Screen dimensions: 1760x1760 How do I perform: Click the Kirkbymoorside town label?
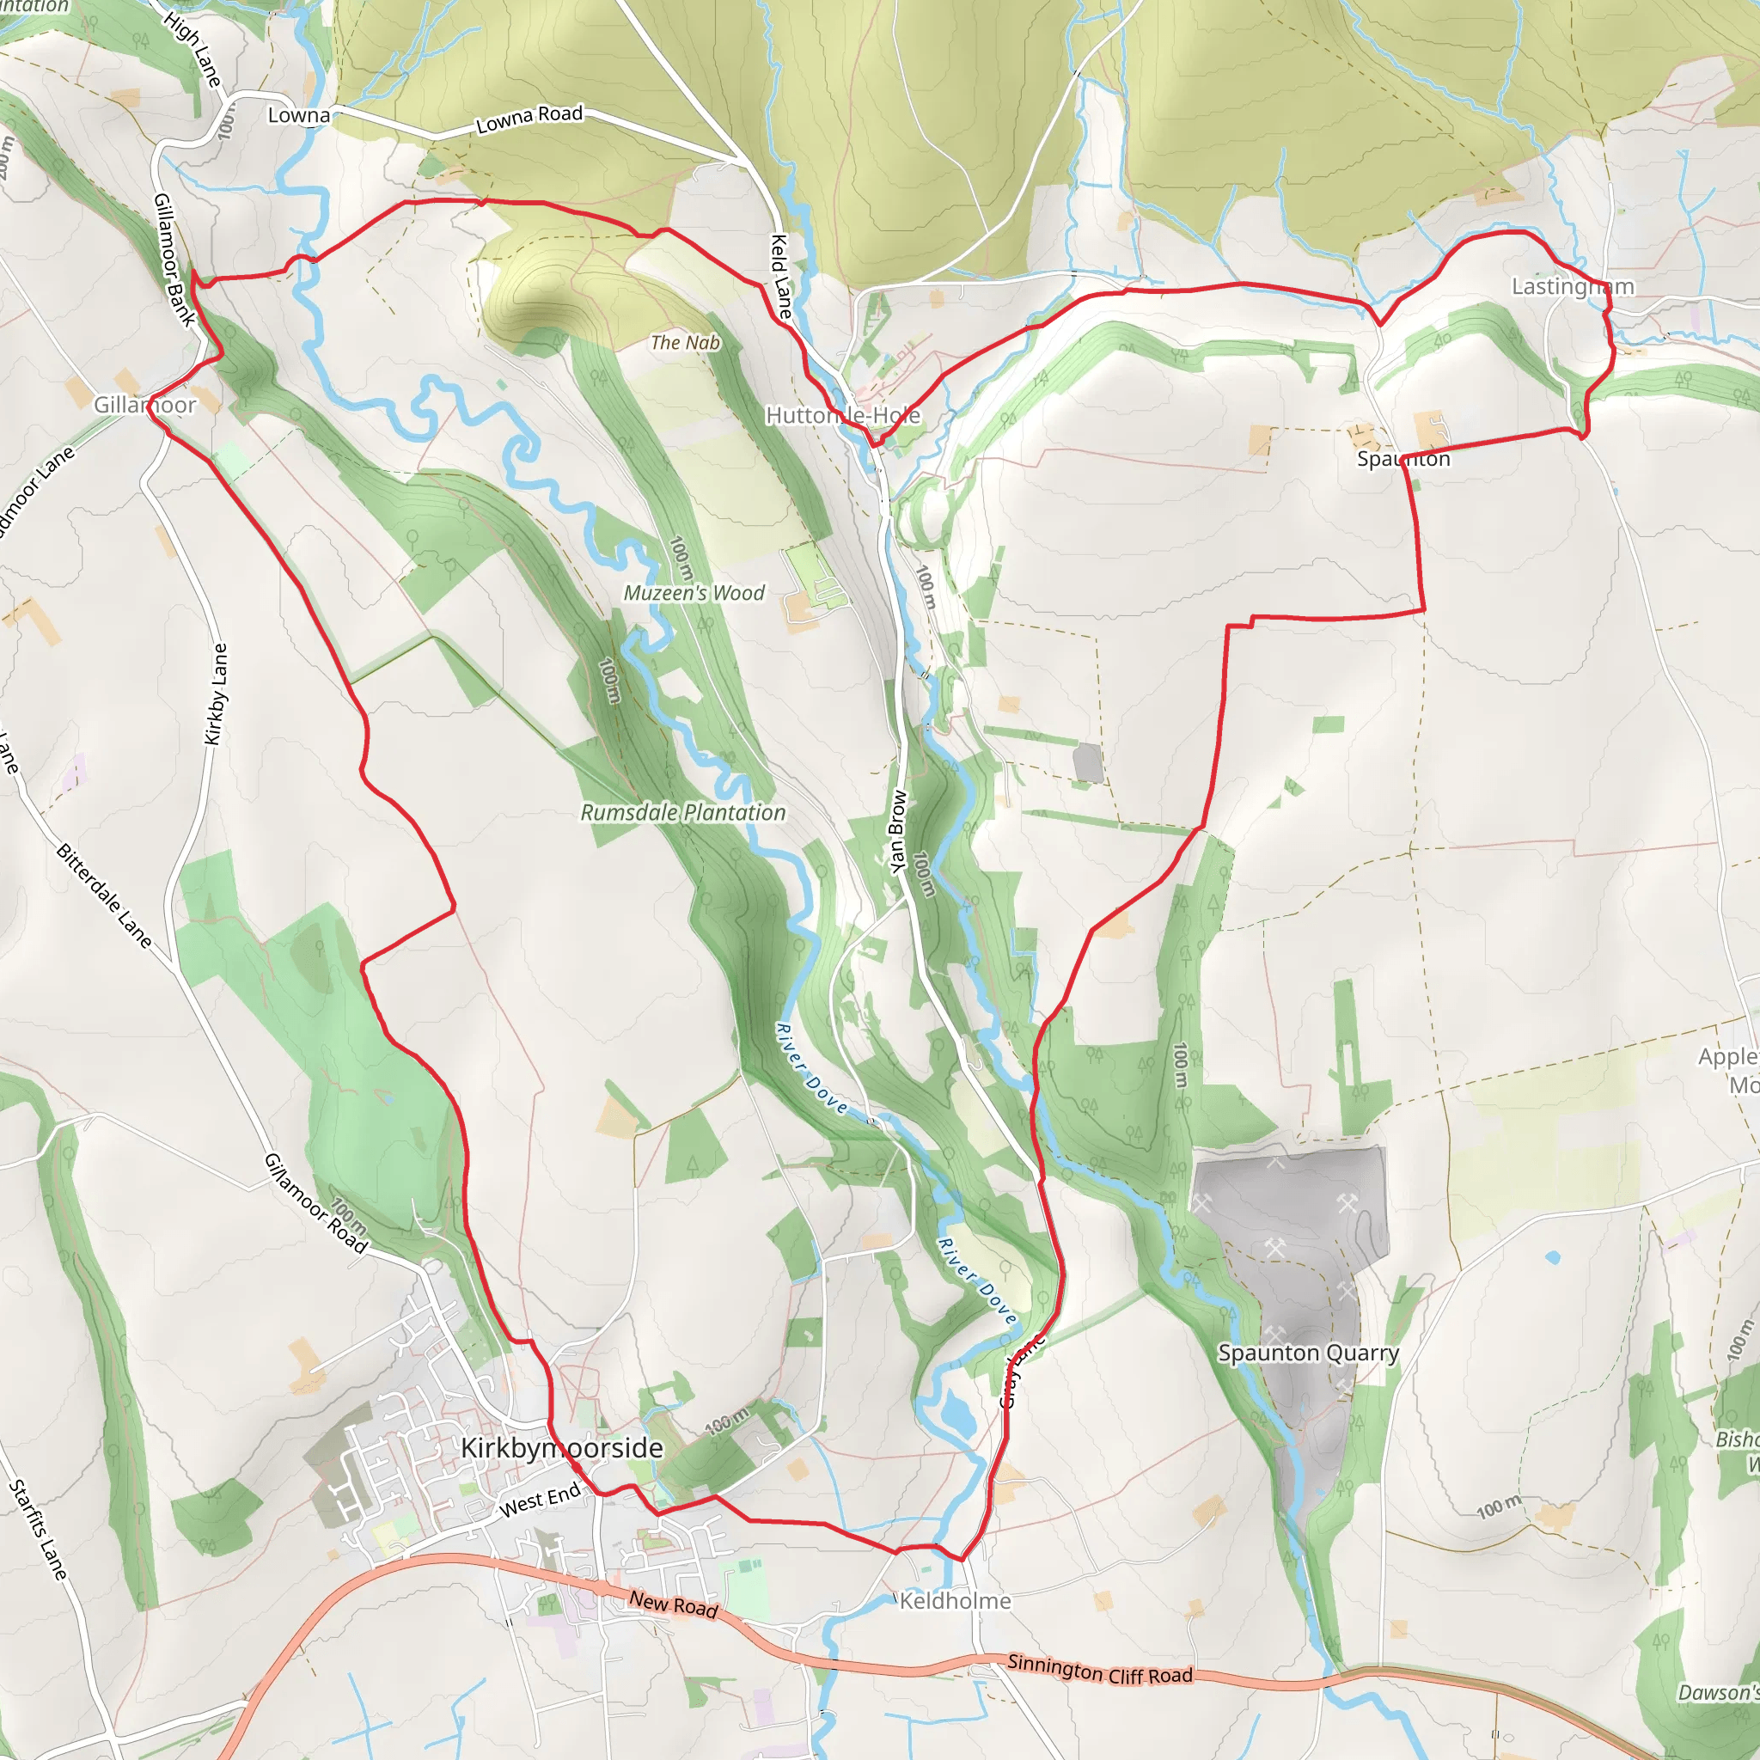(x=561, y=1447)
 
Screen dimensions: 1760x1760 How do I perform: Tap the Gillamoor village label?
(x=145, y=405)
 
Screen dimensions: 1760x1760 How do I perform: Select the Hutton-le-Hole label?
(x=843, y=415)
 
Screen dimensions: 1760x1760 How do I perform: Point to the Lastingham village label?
(x=1573, y=286)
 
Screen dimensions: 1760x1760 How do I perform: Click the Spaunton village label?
(x=1402, y=458)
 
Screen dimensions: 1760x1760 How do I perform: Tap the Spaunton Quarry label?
(x=1307, y=1353)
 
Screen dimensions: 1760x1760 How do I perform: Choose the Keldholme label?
(x=955, y=1600)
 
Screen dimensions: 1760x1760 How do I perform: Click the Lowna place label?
(x=299, y=116)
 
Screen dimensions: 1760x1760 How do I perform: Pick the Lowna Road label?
(x=529, y=119)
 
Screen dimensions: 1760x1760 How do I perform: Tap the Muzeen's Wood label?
(x=694, y=593)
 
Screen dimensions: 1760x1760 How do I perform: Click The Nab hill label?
(x=684, y=343)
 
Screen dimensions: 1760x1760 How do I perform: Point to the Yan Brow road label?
(x=898, y=831)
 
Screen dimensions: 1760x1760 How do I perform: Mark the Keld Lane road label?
(x=782, y=277)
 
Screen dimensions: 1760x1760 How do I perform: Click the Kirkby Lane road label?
(x=216, y=694)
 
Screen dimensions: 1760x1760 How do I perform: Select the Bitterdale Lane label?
(x=104, y=895)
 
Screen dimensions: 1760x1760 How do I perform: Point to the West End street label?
(x=541, y=1499)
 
